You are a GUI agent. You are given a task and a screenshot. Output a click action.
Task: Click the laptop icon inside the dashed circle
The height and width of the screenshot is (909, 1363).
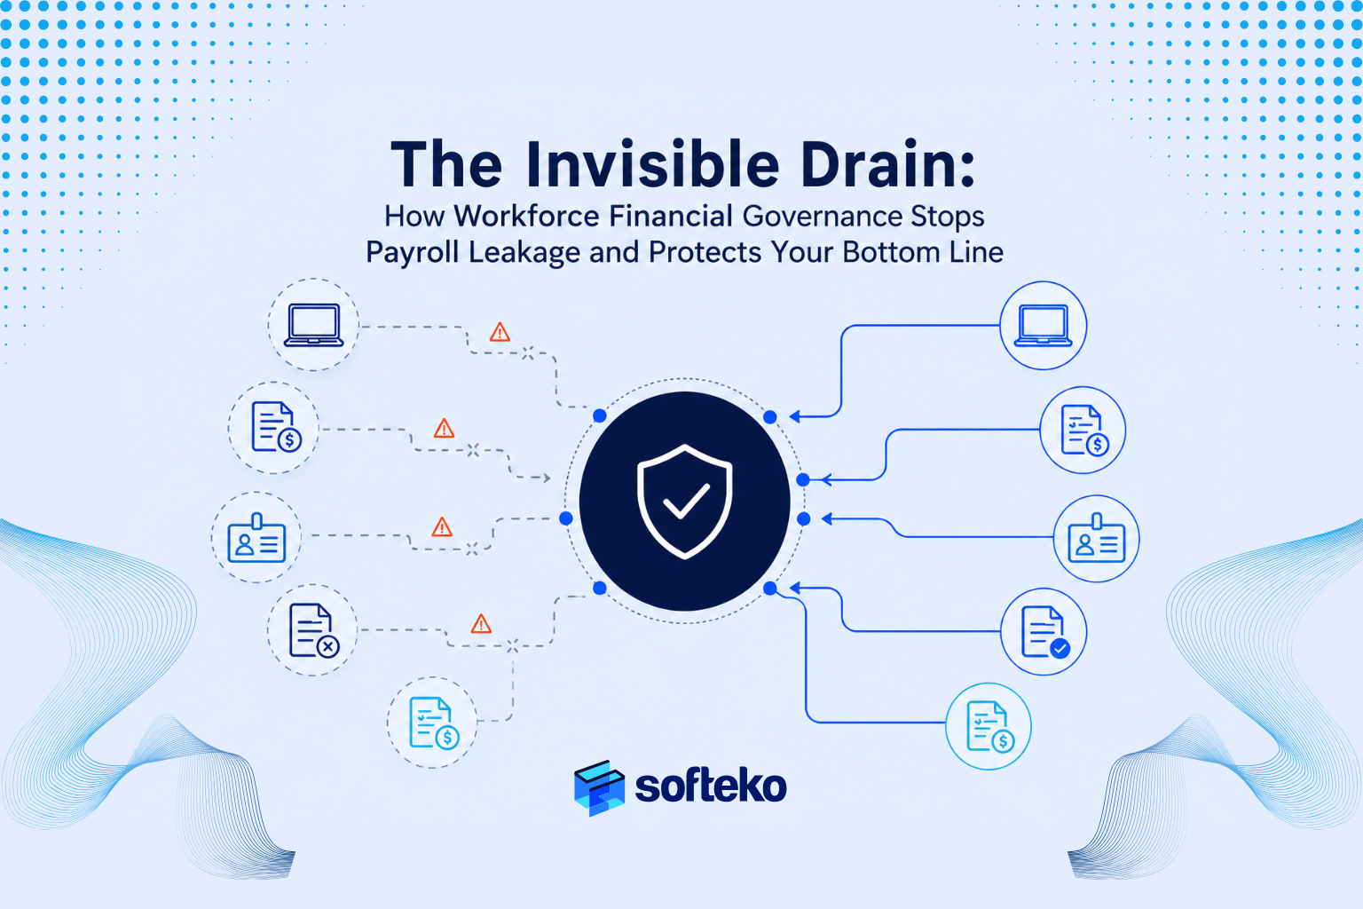314,325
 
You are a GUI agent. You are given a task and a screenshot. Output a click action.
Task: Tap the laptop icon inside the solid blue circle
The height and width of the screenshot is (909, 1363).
1043,326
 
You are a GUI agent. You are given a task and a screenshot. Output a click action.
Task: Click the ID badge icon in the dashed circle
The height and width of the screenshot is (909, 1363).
256,538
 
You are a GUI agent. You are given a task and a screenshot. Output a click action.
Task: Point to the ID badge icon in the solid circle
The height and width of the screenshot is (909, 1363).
1097,538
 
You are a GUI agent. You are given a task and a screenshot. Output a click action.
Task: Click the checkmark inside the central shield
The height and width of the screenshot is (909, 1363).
686,501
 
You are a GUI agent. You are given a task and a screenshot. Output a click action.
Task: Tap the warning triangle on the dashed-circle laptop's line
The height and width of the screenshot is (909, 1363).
500,332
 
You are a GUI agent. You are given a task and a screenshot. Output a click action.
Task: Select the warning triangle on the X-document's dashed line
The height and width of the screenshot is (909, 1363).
481,624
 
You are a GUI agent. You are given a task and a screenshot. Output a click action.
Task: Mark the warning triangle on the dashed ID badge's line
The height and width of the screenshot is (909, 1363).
442,527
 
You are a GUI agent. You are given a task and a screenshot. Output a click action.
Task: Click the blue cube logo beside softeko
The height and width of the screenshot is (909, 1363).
599,788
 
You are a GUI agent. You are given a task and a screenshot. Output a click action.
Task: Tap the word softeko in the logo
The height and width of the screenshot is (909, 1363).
711,786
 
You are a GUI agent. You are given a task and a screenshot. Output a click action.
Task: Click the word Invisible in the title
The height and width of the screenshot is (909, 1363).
653,165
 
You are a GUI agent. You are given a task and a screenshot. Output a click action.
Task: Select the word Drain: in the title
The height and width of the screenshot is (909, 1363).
887,165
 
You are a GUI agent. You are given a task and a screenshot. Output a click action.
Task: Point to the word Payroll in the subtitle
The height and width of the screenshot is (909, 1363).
412,253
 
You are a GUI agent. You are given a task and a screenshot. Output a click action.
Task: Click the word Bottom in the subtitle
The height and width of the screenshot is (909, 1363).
888,252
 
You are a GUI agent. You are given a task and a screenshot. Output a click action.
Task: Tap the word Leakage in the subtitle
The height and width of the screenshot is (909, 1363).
524,253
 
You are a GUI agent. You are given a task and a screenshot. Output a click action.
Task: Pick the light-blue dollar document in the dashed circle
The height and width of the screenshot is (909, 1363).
434,723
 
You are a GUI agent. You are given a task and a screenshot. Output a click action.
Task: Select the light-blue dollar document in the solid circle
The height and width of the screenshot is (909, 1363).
990,726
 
